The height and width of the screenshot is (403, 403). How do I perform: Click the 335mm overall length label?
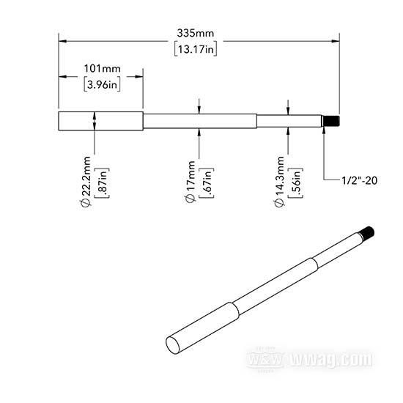pyautogui.click(x=196, y=33)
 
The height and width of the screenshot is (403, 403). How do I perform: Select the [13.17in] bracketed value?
pyautogui.click(x=196, y=48)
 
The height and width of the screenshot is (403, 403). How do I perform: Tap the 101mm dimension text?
pyautogui.click(x=103, y=69)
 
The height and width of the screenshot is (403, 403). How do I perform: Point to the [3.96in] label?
pyautogui.click(x=102, y=84)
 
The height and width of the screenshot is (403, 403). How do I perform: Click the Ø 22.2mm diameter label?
pyautogui.click(x=86, y=182)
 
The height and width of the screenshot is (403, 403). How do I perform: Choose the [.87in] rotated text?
pyautogui.click(x=102, y=182)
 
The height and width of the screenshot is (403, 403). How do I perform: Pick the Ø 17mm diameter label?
pyautogui.click(x=191, y=182)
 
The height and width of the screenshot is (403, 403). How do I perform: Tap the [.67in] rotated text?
pyautogui.click(x=207, y=182)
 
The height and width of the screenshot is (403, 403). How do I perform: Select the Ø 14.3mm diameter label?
pyautogui.click(x=279, y=182)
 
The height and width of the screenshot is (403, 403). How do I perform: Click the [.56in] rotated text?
pyautogui.click(x=296, y=182)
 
